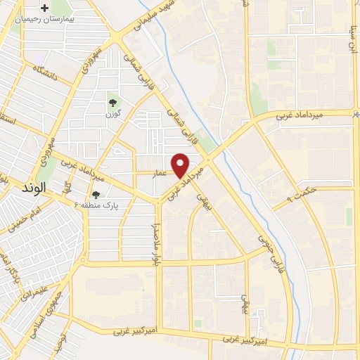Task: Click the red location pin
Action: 181,165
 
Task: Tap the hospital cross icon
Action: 46,9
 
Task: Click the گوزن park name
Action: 110,114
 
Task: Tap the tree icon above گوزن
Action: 110,101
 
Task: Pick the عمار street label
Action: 161,171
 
